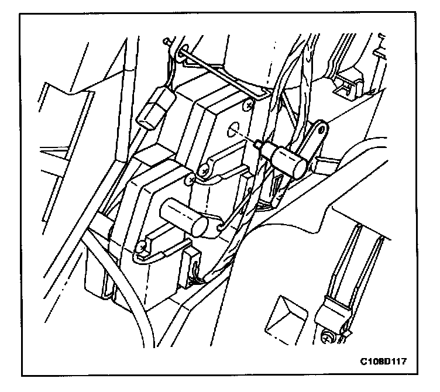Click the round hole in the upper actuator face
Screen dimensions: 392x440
[234, 129]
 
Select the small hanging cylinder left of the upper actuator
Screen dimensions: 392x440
[153, 113]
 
